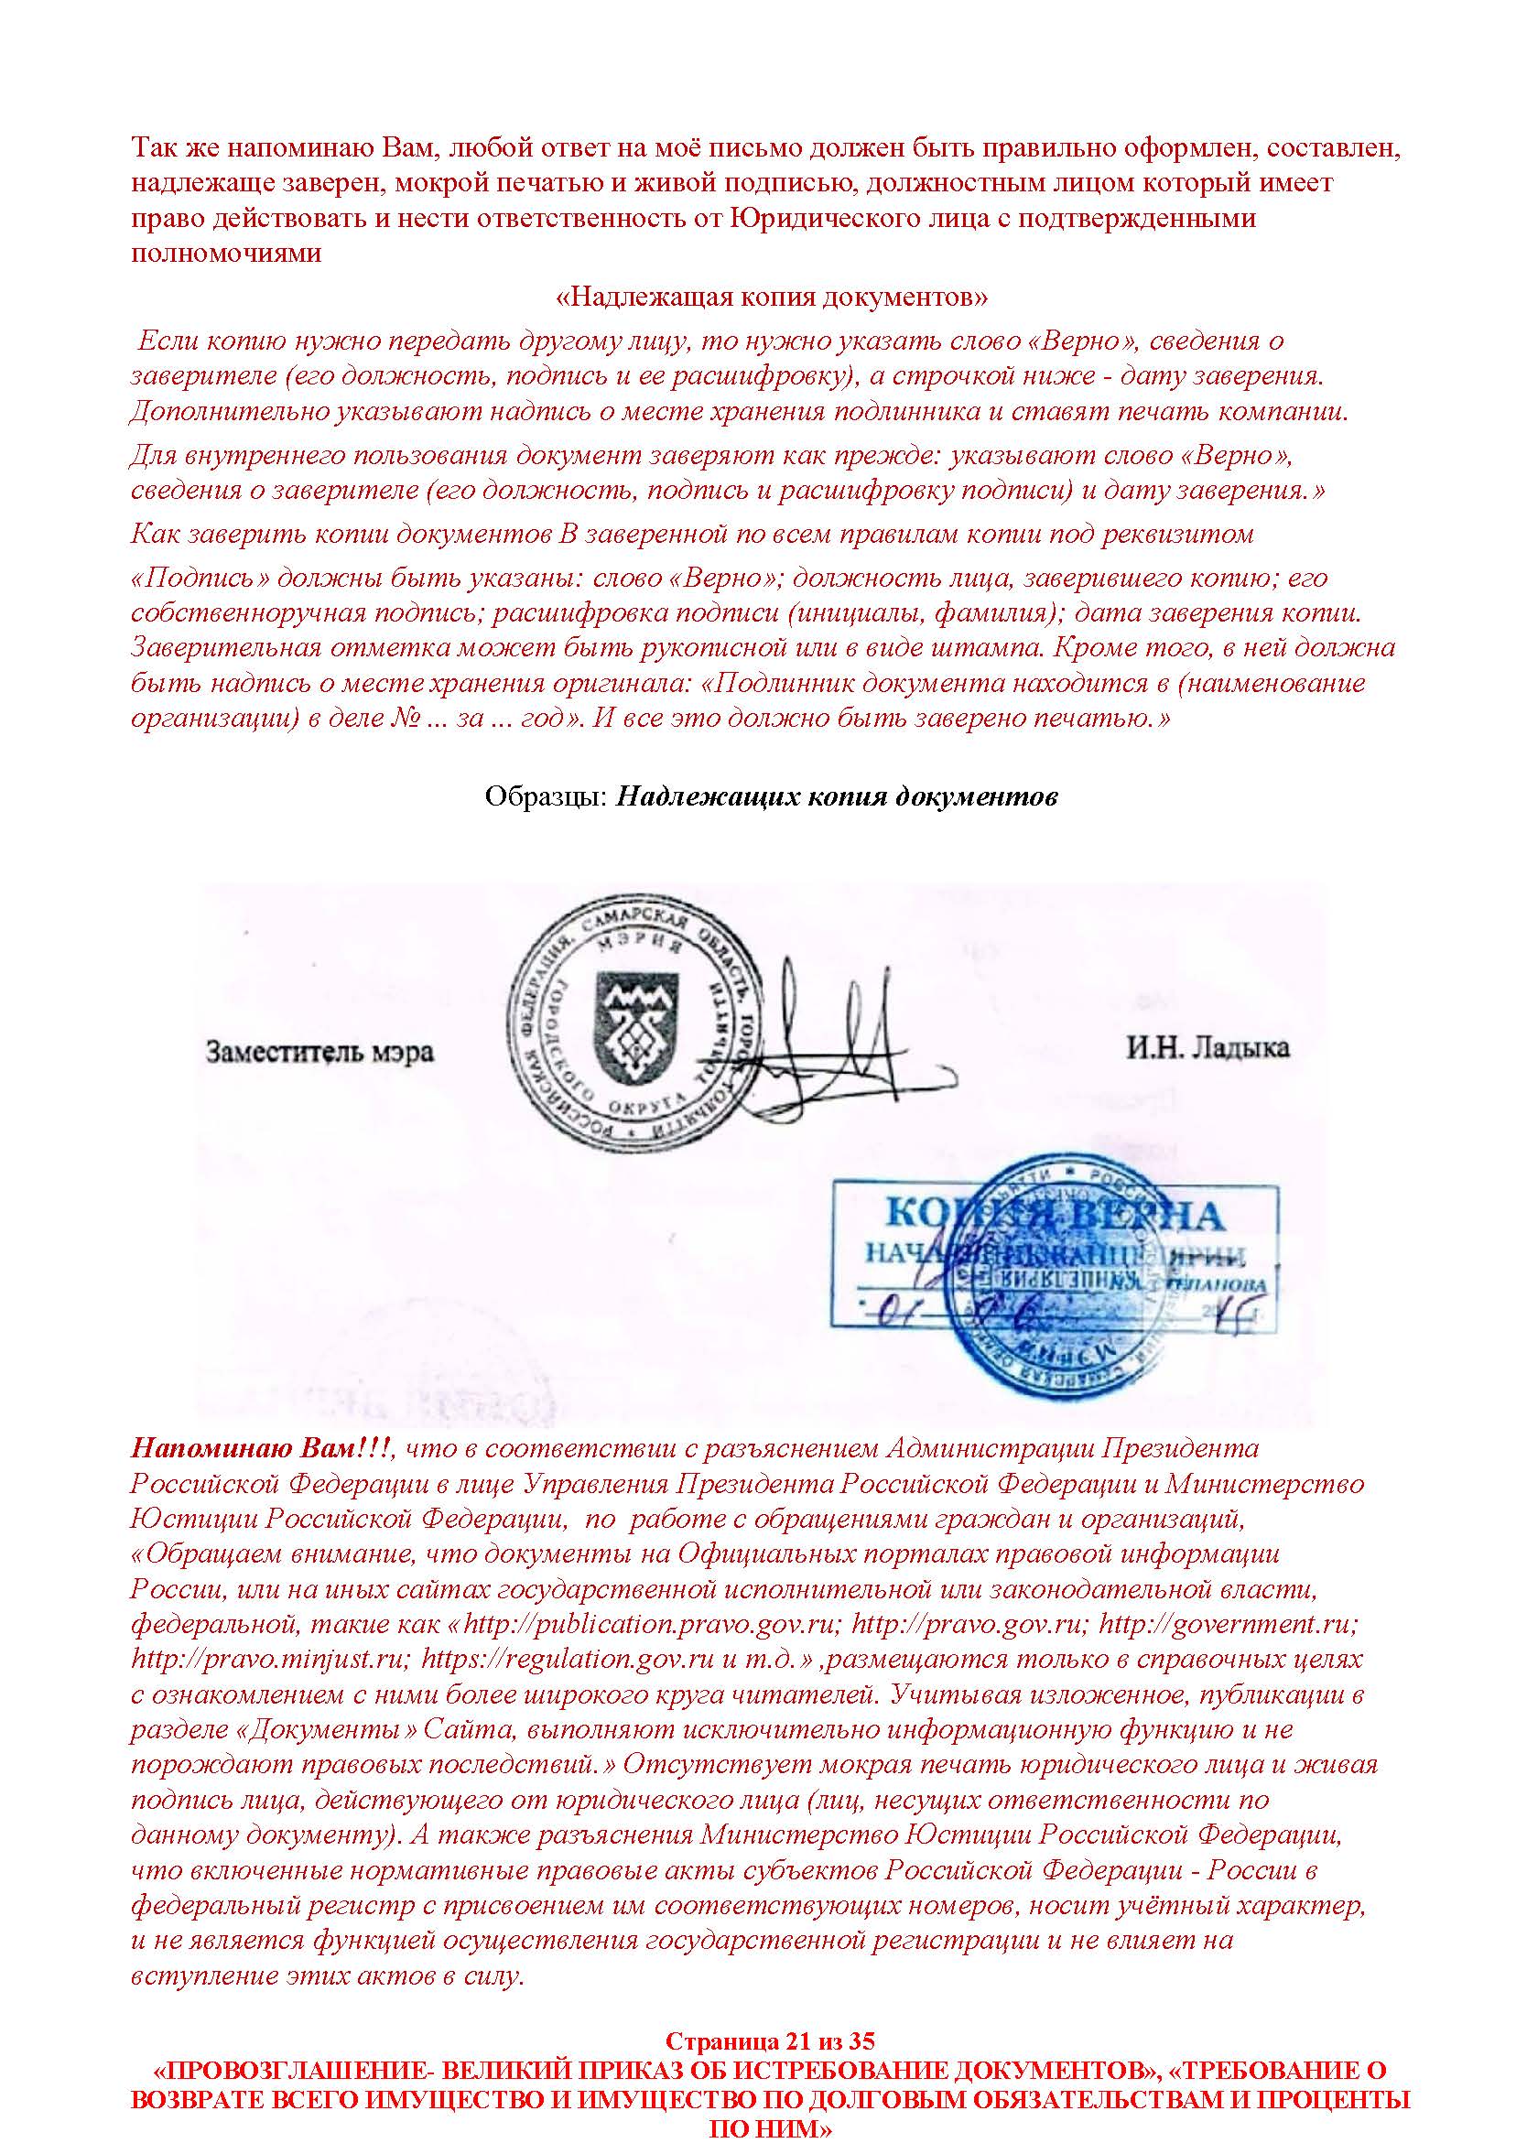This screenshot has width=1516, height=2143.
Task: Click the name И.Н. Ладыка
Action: point(1207,1047)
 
